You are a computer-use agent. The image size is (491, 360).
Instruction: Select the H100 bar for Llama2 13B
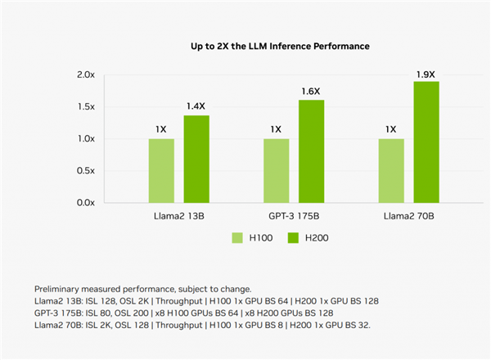point(161,170)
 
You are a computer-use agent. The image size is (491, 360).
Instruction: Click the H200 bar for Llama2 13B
point(196,159)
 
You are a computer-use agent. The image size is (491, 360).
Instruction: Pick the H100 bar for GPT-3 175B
point(276,170)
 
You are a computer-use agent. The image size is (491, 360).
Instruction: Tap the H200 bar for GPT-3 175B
point(311,151)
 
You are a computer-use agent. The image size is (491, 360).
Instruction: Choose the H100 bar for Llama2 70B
point(391,170)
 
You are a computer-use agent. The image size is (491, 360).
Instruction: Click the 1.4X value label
point(196,106)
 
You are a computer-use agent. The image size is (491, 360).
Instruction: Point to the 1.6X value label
point(311,91)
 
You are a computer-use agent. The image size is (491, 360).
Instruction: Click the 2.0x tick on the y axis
point(86,74)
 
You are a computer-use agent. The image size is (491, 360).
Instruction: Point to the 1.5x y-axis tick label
point(86,106)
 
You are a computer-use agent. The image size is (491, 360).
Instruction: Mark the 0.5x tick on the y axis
point(86,170)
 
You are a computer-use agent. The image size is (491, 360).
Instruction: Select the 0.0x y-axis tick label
point(86,202)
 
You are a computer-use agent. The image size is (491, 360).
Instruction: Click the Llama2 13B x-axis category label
point(178,217)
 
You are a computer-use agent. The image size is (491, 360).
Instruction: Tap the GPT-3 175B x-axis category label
point(294,217)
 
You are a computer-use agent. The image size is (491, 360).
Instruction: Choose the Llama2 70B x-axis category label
point(408,217)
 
